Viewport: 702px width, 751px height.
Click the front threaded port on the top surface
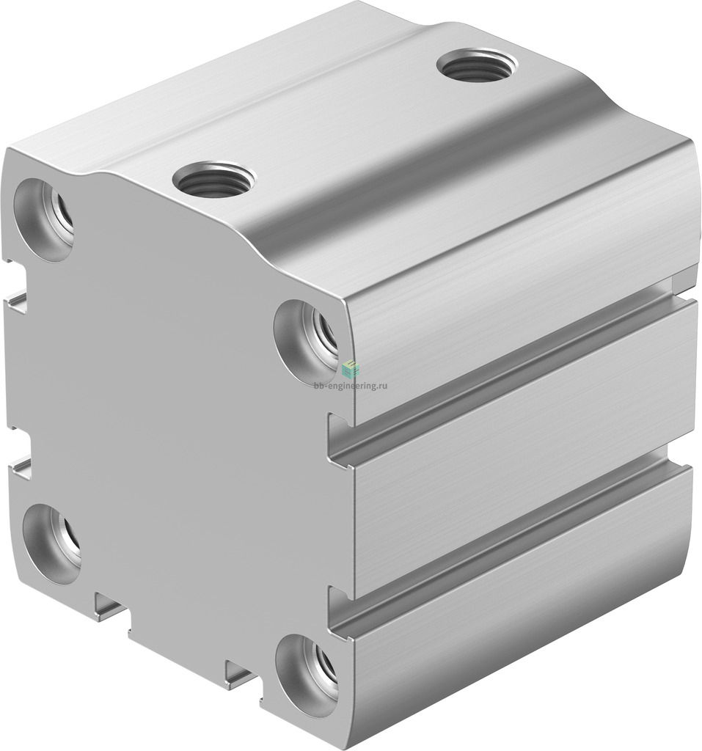(x=214, y=180)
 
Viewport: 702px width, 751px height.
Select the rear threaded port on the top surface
(x=478, y=65)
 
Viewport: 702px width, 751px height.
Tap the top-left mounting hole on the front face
(x=44, y=220)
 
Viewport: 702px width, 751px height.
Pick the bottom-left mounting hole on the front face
(x=52, y=543)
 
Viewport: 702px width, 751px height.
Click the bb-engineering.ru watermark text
(x=351, y=385)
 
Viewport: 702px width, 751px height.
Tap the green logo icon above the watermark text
(x=351, y=368)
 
